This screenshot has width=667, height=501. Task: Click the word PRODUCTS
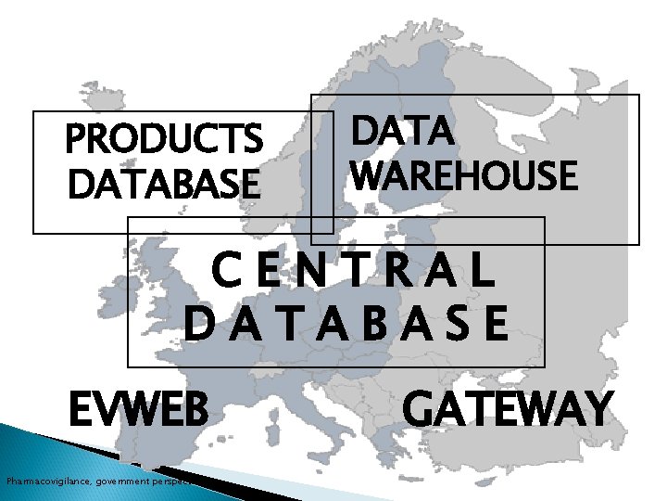164,141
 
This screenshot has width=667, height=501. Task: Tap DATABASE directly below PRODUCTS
164,183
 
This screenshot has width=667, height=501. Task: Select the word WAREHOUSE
464,174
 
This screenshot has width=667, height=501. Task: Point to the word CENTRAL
353,272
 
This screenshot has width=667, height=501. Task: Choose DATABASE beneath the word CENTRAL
346,325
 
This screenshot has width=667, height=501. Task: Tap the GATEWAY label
508,409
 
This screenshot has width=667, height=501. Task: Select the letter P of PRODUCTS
76,141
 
